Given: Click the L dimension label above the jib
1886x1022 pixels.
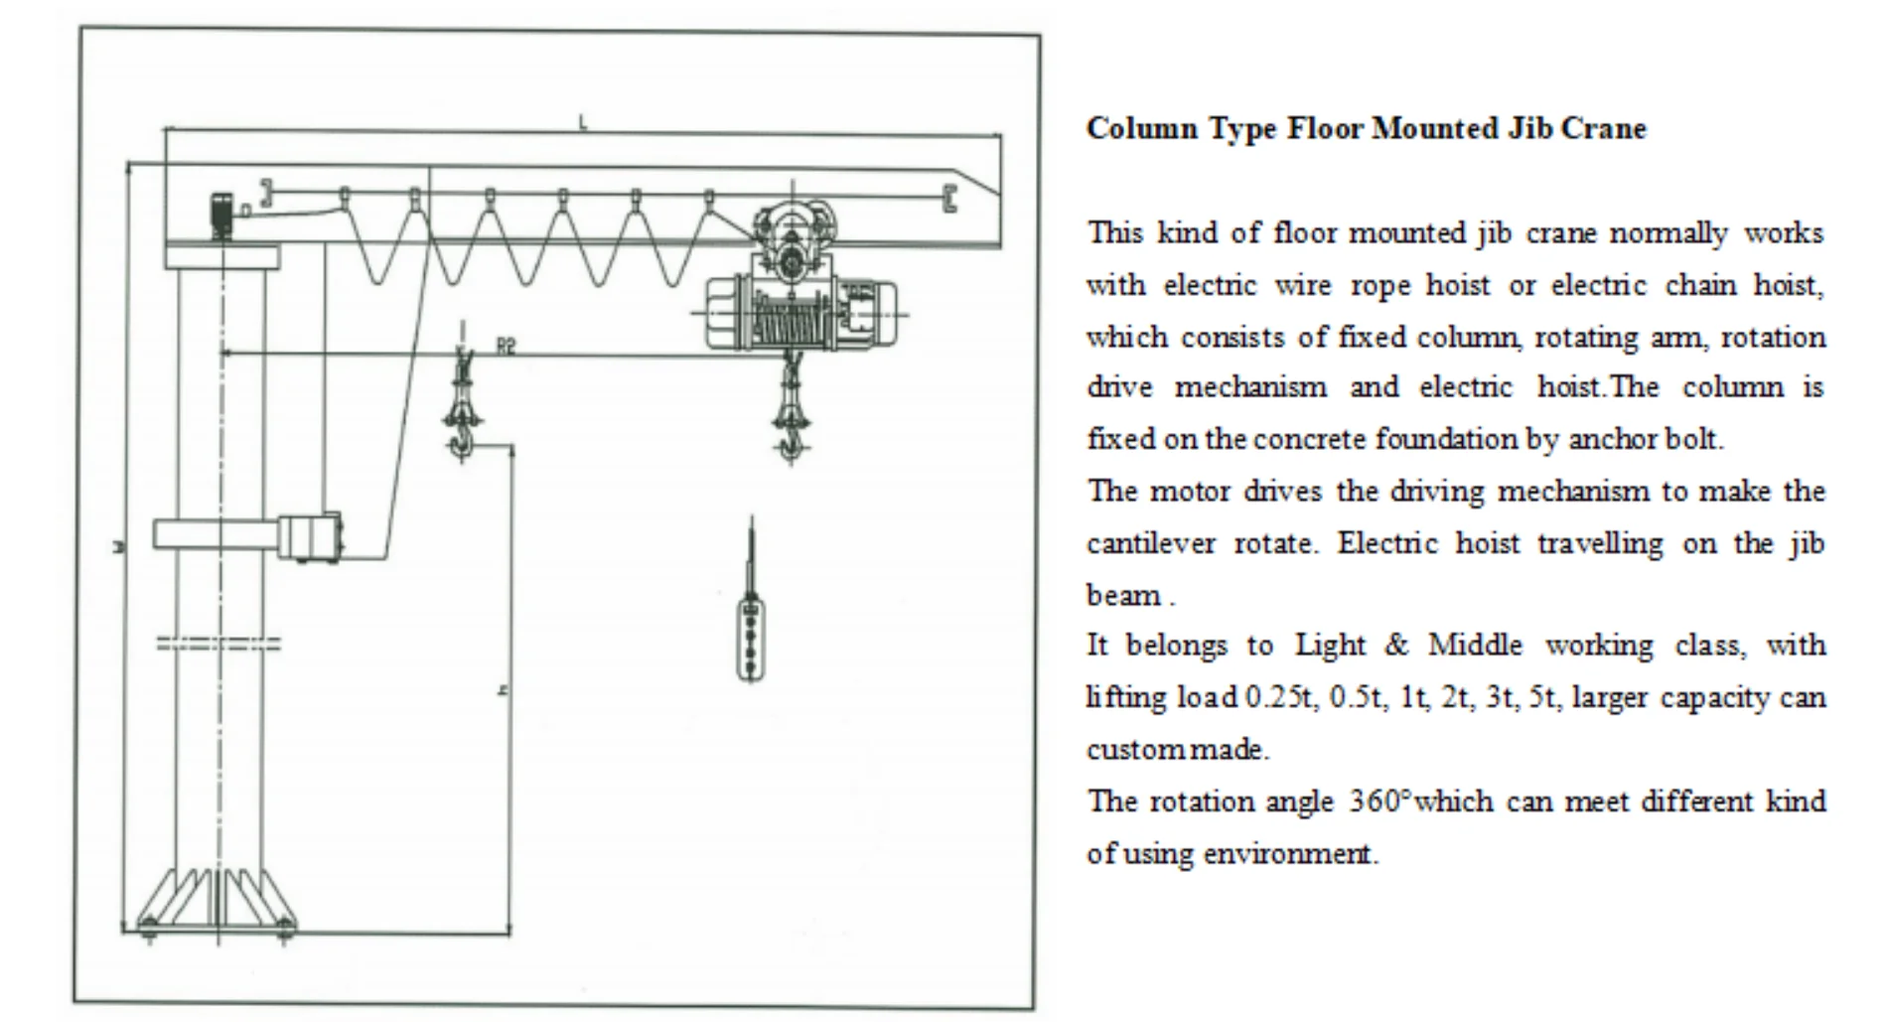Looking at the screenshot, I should (x=583, y=123).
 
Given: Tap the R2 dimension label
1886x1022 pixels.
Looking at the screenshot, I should (x=507, y=346).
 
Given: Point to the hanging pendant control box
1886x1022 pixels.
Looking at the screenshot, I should (x=751, y=636).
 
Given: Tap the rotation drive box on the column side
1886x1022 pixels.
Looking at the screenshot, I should (x=309, y=537).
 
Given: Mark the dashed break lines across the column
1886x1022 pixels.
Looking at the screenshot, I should (x=219, y=645).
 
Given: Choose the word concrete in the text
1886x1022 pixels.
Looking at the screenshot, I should (x=1309, y=439).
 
